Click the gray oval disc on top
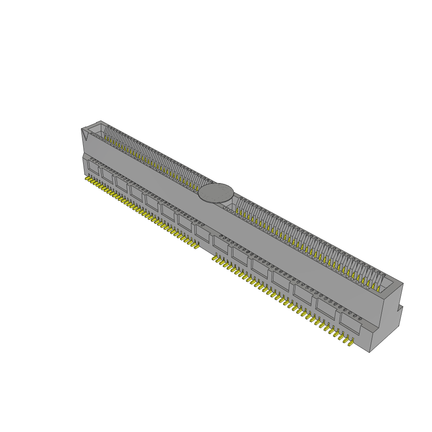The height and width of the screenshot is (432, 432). (216, 193)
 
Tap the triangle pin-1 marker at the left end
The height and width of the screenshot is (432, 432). (85, 135)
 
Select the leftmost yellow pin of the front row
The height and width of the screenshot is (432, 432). (87, 179)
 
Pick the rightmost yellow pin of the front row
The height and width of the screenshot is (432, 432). (350, 343)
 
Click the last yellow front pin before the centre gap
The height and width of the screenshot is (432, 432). (196, 246)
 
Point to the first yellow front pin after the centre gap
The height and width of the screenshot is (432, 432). (214, 258)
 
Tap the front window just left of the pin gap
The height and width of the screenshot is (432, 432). (202, 233)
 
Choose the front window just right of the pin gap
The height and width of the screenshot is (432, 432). (220, 244)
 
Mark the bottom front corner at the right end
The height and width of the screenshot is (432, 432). (370, 352)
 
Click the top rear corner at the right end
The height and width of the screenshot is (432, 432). (403, 284)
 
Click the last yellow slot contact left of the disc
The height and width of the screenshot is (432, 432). (197, 187)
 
